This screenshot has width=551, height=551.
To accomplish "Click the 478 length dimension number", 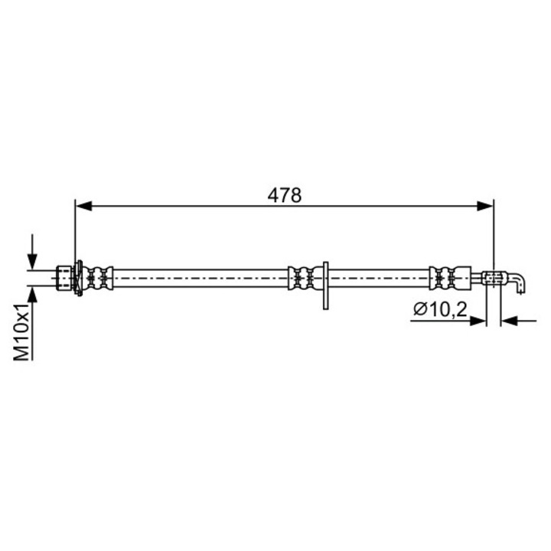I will pyautogui.click(x=285, y=195).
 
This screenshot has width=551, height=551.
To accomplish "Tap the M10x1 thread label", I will pyautogui.click(x=22, y=332).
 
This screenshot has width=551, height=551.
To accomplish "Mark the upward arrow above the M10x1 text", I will pyautogui.click(x=31, y=294).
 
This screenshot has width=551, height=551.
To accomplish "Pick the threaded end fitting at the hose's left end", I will pyautogui.click(x=66, y=277).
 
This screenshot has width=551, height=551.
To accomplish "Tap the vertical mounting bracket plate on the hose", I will pyautogui.click(x=326, y=286).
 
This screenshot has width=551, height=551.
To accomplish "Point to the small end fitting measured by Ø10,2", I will pyautogui.click(x=494, y=277).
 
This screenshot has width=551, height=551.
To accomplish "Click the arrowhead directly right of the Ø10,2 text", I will pyautogui.click(x=480, y=321).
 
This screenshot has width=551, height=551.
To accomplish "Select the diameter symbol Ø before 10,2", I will pyautogui.click(x=419, y=310).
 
